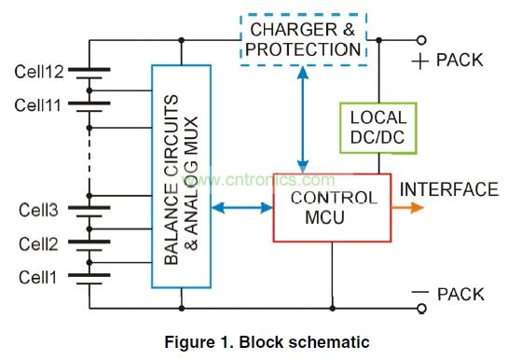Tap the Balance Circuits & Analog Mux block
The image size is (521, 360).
tap(180, 174)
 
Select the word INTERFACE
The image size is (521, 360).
tap(448, 190)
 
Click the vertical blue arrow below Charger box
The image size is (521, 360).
tap(301, 120)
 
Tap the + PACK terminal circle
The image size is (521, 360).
tap(422, 40)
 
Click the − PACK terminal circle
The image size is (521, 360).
tap(422, 309)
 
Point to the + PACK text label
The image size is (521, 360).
tap(447, 60)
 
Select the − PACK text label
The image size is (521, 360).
tap(447, 294)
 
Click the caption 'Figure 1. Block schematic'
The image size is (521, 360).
tap(258, 340)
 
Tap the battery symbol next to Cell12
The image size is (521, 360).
tap(89, 72)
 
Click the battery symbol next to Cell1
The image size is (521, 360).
tap(89, 277)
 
